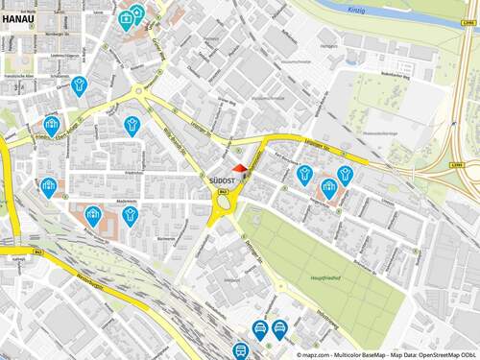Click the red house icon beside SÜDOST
240,169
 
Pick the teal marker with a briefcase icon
126,18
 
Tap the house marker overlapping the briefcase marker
136,12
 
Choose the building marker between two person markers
329,186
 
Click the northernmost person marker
79,84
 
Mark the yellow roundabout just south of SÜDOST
226,202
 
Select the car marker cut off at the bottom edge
241,351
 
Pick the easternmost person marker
345,174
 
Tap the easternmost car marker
279,328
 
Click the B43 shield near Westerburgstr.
35,249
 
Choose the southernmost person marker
131,215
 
